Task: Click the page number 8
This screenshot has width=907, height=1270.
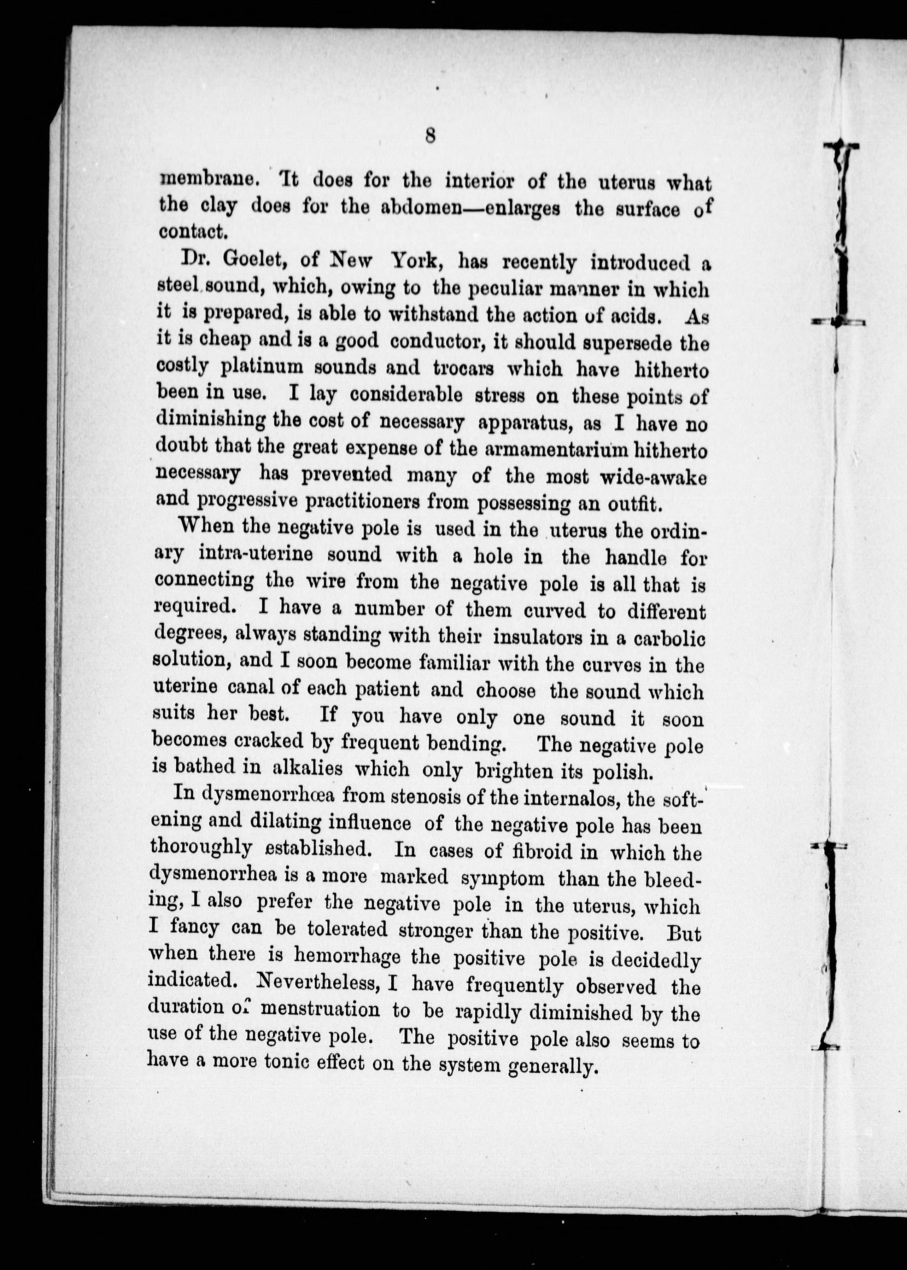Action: point(430,136)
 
